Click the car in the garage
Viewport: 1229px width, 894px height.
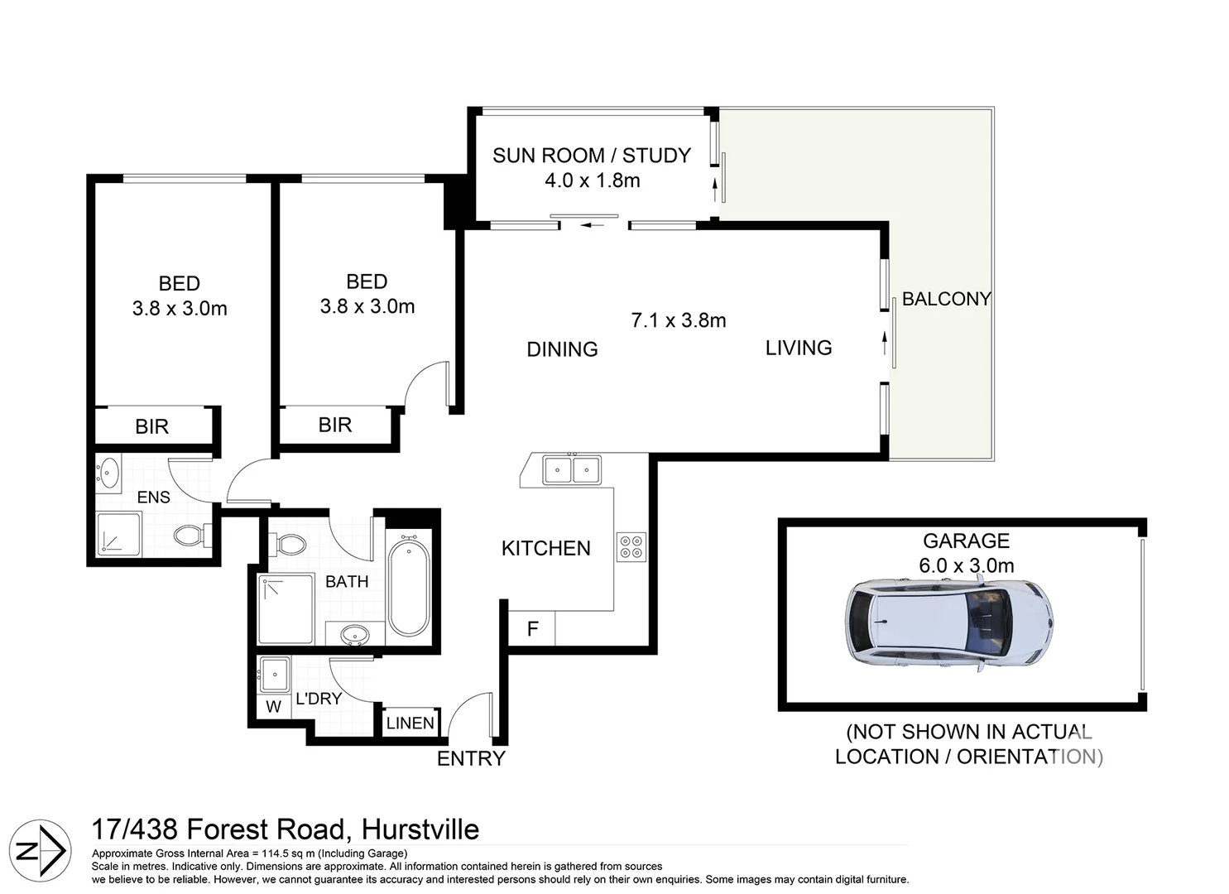950,622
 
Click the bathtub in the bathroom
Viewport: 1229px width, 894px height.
409,584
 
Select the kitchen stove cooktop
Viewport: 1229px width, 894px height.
631,547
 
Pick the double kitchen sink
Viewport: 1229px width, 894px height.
572,470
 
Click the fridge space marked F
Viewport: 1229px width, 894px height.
532,629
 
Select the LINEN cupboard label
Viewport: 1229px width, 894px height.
410,723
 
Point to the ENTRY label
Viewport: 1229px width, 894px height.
471,758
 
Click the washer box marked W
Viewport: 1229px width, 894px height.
273,707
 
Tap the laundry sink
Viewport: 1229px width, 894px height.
273,674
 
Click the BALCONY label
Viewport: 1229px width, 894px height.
946,299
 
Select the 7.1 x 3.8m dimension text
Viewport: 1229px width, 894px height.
678,320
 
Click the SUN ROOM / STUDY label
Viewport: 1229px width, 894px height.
591,156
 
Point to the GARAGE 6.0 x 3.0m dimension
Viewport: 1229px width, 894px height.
966,566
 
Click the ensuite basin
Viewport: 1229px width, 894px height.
108,473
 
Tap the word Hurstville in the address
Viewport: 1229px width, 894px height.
420,829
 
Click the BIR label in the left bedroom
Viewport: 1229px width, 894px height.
151,426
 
